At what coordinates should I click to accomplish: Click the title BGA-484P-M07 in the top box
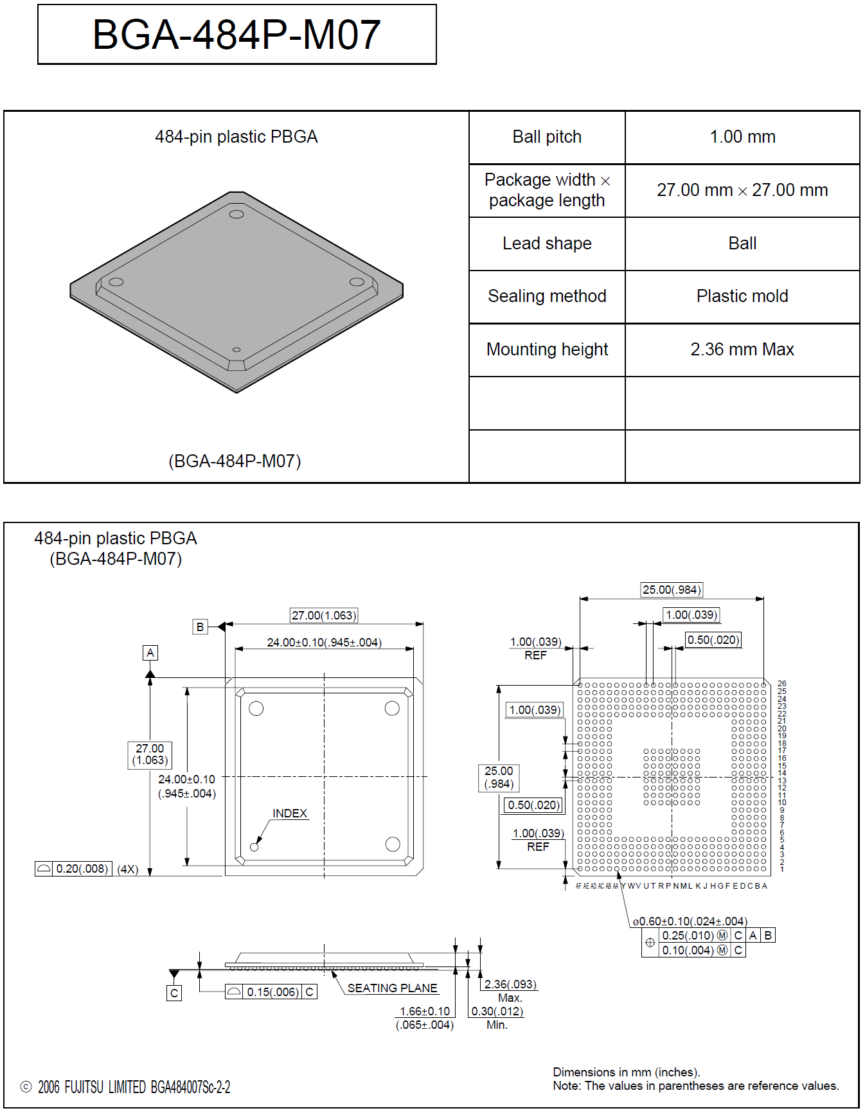236,35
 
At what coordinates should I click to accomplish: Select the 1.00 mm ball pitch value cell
742,137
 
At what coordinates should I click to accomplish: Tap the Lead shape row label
547,244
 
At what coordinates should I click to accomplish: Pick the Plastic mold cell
742,296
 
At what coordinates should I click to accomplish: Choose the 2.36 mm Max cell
742,350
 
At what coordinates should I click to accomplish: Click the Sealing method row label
547,296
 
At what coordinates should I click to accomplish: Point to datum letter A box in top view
150,653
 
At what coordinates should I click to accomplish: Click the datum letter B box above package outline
201,627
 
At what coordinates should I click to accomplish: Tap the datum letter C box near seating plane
174,993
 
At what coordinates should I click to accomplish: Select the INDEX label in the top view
290,814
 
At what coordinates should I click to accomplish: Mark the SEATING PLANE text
392,988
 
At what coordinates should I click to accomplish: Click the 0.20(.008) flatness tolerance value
82,869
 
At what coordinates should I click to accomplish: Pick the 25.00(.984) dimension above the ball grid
672,590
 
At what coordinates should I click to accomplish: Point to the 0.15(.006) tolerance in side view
273,992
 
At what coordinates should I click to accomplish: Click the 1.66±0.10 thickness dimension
425,1011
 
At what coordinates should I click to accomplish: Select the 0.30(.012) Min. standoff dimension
497,1011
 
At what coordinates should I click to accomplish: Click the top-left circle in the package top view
256,709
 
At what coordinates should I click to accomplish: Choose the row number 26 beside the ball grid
782,684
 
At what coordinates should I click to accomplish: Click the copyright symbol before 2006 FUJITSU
26,1087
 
